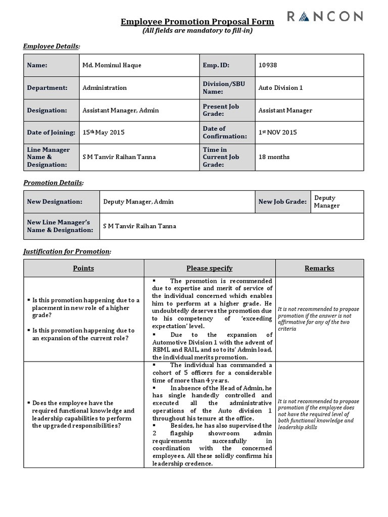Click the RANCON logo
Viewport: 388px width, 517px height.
point(325,17)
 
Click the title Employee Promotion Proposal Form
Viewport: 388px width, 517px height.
point(198,22)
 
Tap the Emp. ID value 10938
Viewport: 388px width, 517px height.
point(267,65)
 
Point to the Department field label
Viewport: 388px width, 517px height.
point(47,88)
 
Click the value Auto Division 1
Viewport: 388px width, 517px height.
point(280,88)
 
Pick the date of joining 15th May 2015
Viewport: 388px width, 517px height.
point(103,132)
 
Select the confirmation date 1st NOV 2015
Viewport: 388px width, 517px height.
point(277,132)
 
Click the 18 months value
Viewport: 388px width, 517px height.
point(274,157)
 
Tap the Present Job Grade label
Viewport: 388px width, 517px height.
point(221,110)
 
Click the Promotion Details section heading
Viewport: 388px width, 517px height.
point(54,182)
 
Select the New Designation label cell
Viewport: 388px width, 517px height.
point(55,202)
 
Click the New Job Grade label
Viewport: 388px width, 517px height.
point(282,202)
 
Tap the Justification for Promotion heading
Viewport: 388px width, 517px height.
point(67,251)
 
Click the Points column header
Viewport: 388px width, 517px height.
point(83,268)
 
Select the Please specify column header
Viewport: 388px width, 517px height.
point(209,268)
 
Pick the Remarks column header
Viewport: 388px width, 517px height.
point(319,268)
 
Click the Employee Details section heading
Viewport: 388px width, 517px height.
point(52,46)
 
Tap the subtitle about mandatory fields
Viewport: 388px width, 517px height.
point(198,31)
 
